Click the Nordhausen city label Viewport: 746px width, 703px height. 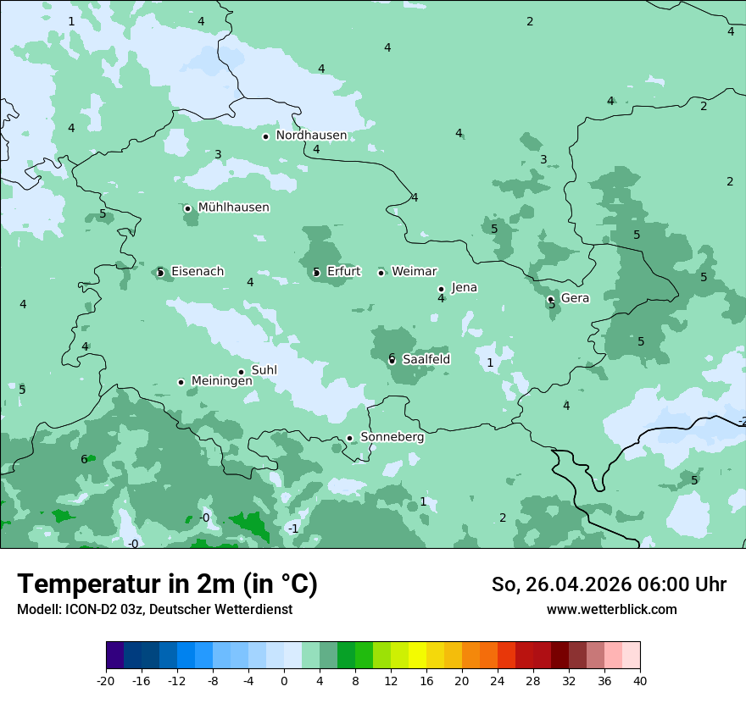tap(311, 136)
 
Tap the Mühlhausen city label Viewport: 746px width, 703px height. tap(233, 208)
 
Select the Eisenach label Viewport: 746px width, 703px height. tap(198, 272)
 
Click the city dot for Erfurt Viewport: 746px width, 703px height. tap(316, 273)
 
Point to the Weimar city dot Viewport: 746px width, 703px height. tap(381, 273)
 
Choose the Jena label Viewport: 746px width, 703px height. tap(464, 288)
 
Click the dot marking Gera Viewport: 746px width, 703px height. tap(551, 299)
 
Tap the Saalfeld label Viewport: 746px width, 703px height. tap(426, 360)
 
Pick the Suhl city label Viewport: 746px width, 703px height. tap(264, 370)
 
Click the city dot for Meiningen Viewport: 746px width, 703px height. tap(181, 382)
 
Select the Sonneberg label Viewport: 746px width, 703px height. tap(392, 438)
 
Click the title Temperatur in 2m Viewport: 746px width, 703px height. tap(167, 584)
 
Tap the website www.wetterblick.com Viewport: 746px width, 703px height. tap(611, 610)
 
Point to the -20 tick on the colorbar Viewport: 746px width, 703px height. tap(106, 680)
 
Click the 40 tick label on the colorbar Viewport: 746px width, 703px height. tap(640, 680)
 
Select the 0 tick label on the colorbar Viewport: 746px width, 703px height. tap(284, 680)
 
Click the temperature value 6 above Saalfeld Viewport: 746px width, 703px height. tap(392, 357)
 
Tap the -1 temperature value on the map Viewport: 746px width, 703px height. tap(292, 529)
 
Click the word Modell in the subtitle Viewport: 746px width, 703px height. tap(37, 610)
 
